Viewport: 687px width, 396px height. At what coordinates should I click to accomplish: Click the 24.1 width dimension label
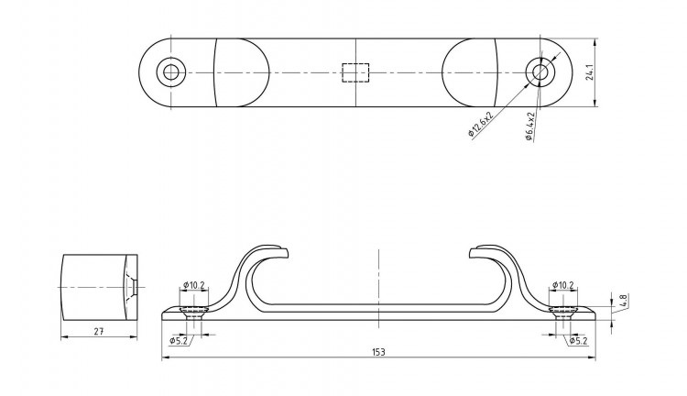pyautogui.click(x=589, y=72)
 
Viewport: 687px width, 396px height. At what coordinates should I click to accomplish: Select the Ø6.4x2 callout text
pyautogui.click(x=530, y=126)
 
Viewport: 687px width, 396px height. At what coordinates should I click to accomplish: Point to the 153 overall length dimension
pyautogui.click(x=378, y=352)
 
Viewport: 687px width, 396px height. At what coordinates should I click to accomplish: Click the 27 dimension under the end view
pyautogui.click(x=99, y=332)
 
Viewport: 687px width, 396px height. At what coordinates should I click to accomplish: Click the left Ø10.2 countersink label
pyautogui.click(x=194, y=285)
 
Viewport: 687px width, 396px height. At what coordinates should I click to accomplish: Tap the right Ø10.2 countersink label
pyautogui.click(x=563, y=285)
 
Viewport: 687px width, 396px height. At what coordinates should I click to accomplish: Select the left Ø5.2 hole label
pyautogui.click(x=179, y=340)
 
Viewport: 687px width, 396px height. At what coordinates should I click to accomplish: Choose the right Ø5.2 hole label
pyautogui.click(x=578, y=340)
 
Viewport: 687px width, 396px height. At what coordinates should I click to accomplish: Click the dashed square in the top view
pyautogui.click(x=355, y=72)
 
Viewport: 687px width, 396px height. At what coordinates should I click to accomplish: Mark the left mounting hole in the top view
pyautogui.click(x=171, y=72)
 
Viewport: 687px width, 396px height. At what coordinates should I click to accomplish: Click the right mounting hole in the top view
pyautogui.click(x=540, y=72)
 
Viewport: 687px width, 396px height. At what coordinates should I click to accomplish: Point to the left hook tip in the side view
pyautogui.click(x=287, y=252)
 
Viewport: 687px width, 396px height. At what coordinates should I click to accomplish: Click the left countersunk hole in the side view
pyautogui.click(x=194, y=313)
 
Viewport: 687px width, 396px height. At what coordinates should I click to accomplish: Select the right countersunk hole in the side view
pyautogui.click(x=563, y=313)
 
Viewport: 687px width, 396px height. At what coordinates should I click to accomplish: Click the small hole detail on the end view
pyautogui.click(x=132, y=287)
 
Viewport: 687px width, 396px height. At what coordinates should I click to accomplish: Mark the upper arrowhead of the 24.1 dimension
pyautogui.click(x=595, y=41)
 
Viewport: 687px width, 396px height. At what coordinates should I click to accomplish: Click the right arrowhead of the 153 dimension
pyautogui.click(x=592, y=358)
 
